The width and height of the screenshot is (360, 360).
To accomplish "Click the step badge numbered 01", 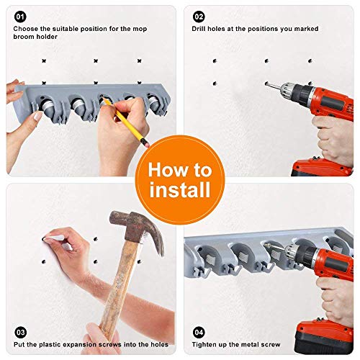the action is tap(20, 17).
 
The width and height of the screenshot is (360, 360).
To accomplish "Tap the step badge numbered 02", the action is tap(199, 17).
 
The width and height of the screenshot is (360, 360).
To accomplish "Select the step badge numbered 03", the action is tap(20, 333).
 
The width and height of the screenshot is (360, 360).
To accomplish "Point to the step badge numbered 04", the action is tap(199, 333).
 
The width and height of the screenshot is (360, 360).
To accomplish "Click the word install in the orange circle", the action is tap(180, 189).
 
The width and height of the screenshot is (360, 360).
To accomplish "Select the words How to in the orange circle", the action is tap(180, 170).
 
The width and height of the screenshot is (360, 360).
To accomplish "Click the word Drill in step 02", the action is tap(199, 29).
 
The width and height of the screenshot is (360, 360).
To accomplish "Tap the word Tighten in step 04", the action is tap(202, 345).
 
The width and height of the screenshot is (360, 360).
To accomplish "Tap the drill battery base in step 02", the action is tap(322, 167).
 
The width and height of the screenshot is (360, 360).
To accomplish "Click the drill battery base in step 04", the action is tap(324, 337).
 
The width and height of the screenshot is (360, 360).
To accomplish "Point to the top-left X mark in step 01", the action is tap(44, 61).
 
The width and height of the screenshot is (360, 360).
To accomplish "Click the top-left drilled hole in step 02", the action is tap(215, 61).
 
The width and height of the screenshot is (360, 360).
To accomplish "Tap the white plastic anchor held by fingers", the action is tap(55, 238).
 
